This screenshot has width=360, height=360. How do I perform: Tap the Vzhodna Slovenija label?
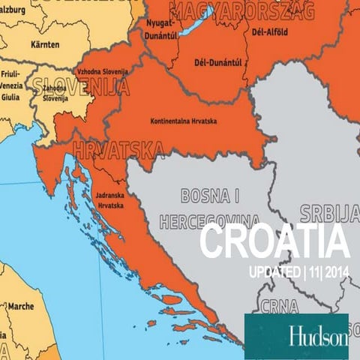tap(103, 72)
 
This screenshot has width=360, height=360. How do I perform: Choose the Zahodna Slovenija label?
tap(55, 94)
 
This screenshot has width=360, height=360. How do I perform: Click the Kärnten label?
tap(45, 44)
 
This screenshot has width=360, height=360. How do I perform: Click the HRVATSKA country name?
tap(116, 151)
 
